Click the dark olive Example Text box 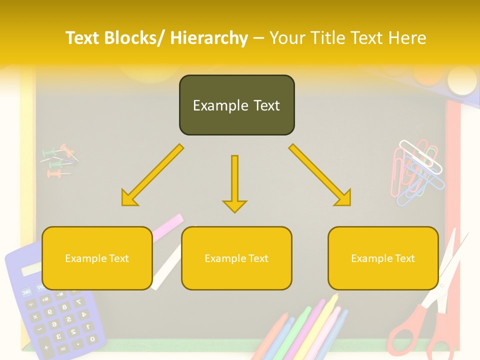236,105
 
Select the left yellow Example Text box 97,258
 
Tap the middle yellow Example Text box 236,258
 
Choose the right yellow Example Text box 383,258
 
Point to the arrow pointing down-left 152,175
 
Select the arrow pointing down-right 320,175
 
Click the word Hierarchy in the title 209,38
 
